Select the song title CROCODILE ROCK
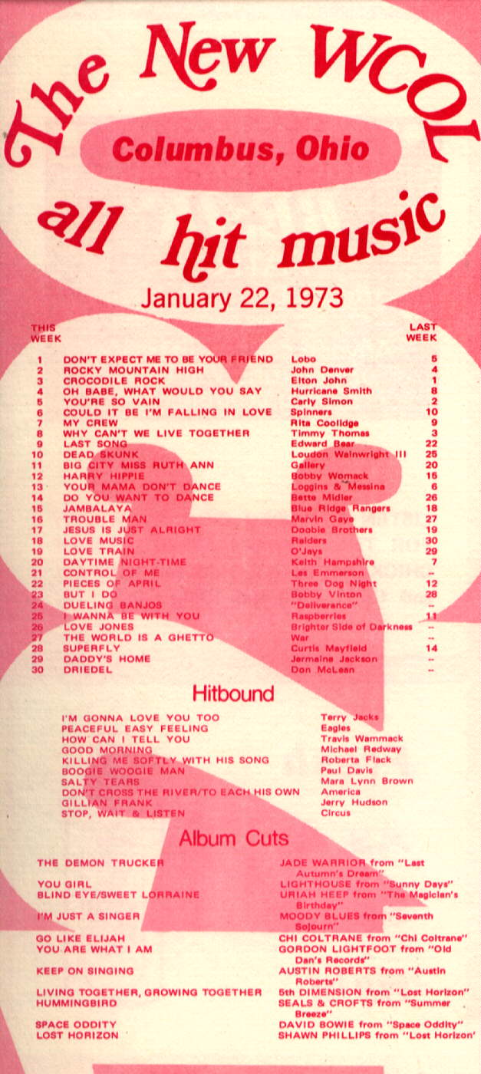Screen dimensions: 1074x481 pyautogui.click(x=114, y=381)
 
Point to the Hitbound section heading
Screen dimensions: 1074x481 pyautogui.click(x=232, y=693)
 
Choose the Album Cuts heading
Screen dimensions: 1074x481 pyautogui.click(x=233, y=838)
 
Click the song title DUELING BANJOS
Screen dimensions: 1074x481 pyautogui.click(x=113, y=605)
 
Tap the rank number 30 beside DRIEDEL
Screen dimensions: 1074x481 pyautogui.click(x=38, y=670)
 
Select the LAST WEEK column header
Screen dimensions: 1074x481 pyautogui.click(x=421, y=332)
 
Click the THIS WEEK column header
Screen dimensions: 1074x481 pyautogui.click(x=45, y=333)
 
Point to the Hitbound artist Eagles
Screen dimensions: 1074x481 pyautogui.click(x=335, y=727)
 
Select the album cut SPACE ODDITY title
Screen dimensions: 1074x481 pyautogui.click(x=76, y=1024)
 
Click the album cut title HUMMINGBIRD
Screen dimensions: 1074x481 pyautogui.click(x=77, y=1003)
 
